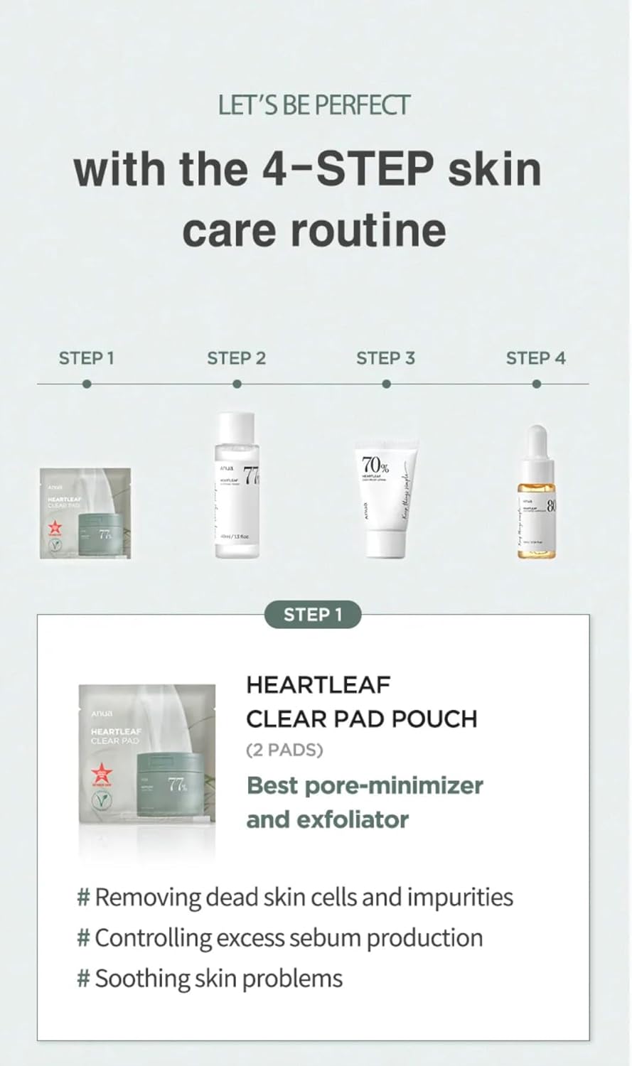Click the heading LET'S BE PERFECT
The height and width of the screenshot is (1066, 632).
click(x=314, y=105)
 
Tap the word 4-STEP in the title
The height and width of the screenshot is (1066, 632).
click(x=348, y=169)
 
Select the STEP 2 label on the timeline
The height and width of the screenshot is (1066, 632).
click(x=236, y=358)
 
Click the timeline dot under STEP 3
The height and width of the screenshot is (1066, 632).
click(x=386, y=384)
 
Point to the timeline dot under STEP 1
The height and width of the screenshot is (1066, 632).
click(x=86, y=384)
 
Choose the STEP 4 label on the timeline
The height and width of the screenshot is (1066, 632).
click(x=535, y=358)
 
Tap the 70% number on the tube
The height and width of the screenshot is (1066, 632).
click(x=375, y=465)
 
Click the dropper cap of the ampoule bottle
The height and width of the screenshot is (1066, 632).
click(x=537, y=441)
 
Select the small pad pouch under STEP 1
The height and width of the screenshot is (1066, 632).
click(x=85, y=512)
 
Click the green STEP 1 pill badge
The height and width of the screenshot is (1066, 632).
click(x=313, y=615)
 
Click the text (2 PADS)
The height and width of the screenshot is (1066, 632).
click(x=284, y=750)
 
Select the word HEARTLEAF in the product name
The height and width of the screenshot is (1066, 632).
click(x=318, y=685)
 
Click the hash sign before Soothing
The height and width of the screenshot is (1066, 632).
click(x=83, y=979)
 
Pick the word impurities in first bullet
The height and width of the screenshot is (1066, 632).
click(x=459, y=898)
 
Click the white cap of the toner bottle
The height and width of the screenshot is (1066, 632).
click(x=236, y=426)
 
